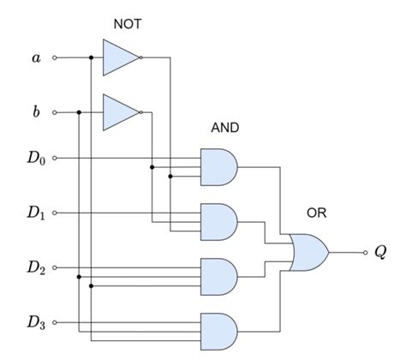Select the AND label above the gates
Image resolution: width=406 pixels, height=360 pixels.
[224, 128]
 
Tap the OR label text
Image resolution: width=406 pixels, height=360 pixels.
[316, 213]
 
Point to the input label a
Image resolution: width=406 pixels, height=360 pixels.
[35, 58]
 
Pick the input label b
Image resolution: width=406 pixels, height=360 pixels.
[35, 111]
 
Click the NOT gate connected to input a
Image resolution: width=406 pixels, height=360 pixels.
[120, 58]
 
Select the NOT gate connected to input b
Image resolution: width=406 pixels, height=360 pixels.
[120, 111]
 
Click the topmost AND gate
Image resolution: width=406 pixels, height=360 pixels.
[218, 167]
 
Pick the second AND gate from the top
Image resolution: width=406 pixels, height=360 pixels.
[218, 221]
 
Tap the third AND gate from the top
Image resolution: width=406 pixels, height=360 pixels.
[218, 276]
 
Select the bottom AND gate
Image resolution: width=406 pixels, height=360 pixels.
[218, 330]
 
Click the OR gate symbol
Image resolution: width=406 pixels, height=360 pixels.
[308, 253]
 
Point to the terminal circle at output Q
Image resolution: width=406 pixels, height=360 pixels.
[364, 253]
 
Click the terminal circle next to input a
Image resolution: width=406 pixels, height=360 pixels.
[56, 58]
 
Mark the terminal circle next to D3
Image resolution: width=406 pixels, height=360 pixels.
[56, 323]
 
